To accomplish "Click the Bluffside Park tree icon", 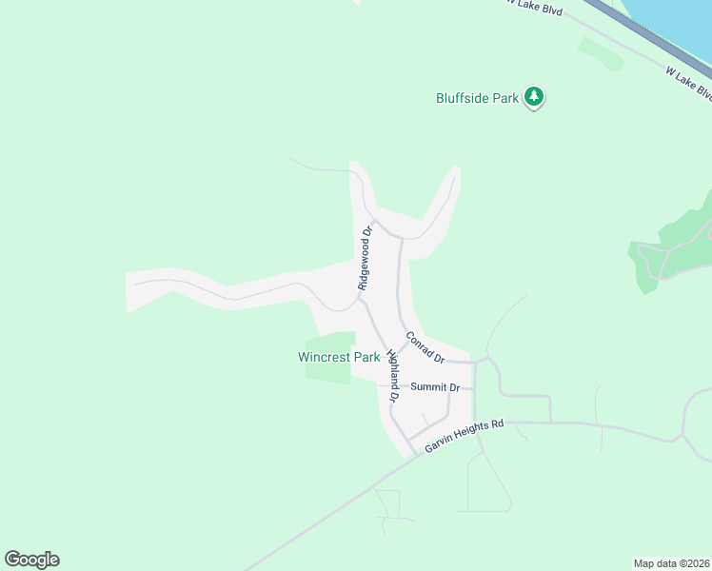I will coord(535,97).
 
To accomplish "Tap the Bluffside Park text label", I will coord(477,98).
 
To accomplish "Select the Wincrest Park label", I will coord(339,358).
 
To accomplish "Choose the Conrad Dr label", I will coord(425,347).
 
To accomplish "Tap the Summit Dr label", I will coord(435,387).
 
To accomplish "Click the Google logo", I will coord(31,560).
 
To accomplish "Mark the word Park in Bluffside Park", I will coord(504,98).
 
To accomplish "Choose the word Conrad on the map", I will coord(420,343).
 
